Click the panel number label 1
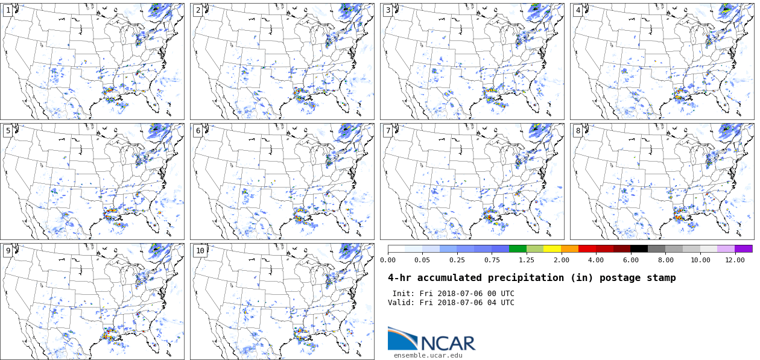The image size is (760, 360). coord(8,10)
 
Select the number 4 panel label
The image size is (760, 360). coord(578,10)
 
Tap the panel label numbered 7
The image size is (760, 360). coord(388,131)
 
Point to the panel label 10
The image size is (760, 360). coord(200,251)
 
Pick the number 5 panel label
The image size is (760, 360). coord(8,131)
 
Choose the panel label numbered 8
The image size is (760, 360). coord(578,131)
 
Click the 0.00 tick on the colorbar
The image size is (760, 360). coord(388,260)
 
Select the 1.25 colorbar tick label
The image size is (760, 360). coord(527,260)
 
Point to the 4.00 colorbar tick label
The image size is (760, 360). coord(596,260)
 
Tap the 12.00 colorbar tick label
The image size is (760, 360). coord(735,260)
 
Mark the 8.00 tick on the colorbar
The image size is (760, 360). coord(665,260)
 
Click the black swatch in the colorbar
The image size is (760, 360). coord(639,248)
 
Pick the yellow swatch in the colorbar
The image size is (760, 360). coord(552,248)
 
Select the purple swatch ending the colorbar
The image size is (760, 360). coord(744,248)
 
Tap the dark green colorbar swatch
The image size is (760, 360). coord(518,248)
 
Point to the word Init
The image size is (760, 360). coord(404,294)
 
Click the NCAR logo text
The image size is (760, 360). coord(448,343)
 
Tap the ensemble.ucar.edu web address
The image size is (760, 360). coord(428,356)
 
